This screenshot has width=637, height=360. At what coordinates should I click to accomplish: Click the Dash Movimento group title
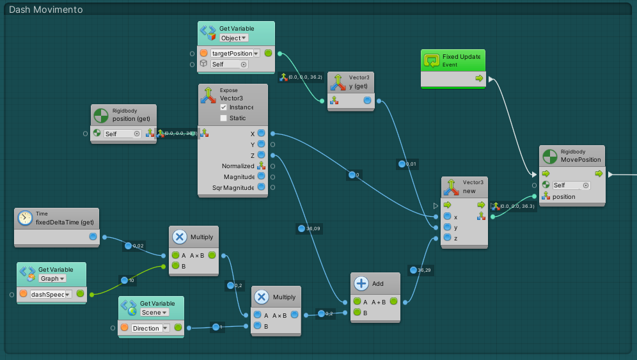pyautogui.click(x=45, y=10)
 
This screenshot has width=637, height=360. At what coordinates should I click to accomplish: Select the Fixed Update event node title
pyautogui.click(x=460, y=57)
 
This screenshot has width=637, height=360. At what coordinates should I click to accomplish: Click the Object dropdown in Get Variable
pyautogui.click(x=234, y=38)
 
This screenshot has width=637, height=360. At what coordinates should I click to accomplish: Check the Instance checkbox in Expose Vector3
pyautogui.click(x=223, y=107)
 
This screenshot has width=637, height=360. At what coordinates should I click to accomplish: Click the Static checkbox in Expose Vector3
pyautogui.click(x=223, y=118)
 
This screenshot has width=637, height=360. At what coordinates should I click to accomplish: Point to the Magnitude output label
pyautogui.click(x=239, y=176)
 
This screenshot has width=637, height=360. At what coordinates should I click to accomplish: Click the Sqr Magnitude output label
pyautogui.click(x=233, y=188)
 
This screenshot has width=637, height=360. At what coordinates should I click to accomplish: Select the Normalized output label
pyautogui.click(x=237, y=166)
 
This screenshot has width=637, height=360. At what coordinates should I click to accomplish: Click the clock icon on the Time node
pyautogui.click(x=25, y=218)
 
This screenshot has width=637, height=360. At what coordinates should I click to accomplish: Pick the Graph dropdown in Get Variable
pyautogui.click(x=52, y=278)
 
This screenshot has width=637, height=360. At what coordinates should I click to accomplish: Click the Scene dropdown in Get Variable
pyautogui.click(x=155, y=312)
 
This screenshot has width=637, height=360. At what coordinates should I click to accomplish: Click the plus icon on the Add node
pyautogui.click(x=361, y=283)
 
